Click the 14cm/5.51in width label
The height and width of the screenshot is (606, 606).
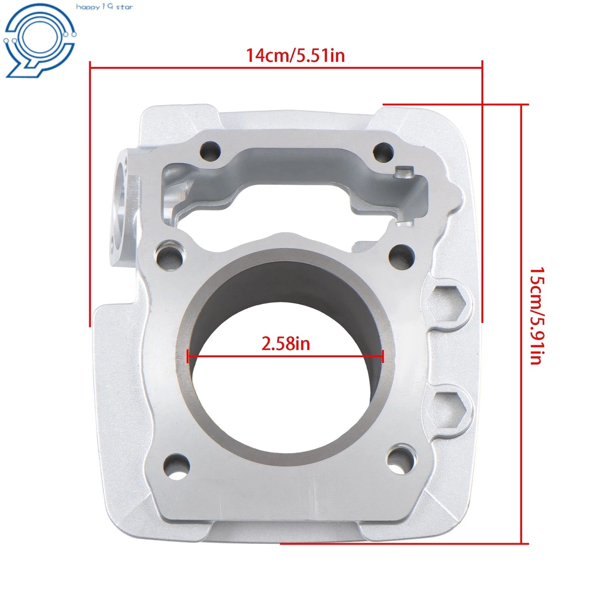pyautogui.click(x=295, y=55)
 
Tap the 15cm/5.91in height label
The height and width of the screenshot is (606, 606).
pyautogui.click(x=536, y=316)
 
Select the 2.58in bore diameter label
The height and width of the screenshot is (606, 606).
pyautogui.click(x=286, y=344)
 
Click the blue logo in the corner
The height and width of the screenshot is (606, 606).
pyautogui.click(x=39, y=40)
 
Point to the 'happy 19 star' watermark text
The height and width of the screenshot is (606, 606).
pyautogui.click(x=105, y=7)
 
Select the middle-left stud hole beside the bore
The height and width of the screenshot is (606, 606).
pyautogui.click(x=169, y=257)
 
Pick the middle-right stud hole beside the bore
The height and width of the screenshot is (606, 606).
pyautogui.click(x=401, y=257)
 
